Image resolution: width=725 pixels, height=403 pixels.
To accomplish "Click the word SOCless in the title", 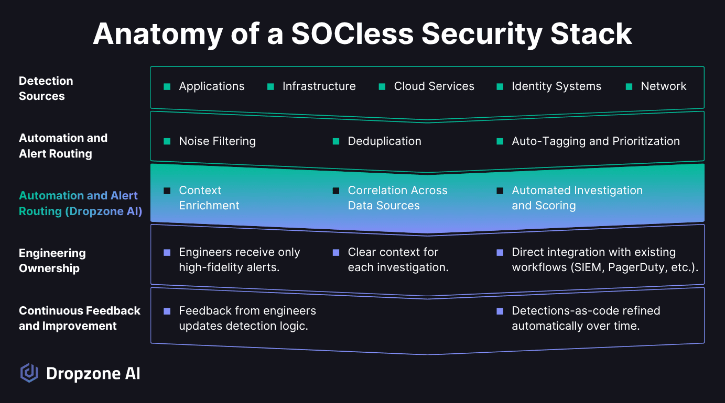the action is (352, 33).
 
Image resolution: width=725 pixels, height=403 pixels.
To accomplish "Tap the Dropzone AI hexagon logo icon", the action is (29, 373).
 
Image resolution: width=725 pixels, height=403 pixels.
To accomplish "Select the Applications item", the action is (212, 86).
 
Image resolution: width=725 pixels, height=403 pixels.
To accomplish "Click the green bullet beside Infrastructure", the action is (270, 86).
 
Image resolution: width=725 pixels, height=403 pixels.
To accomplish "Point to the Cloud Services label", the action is (434, 86).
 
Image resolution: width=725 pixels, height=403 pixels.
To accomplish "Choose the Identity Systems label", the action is (556, 86).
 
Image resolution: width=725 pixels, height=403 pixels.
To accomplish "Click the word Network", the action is (664, 86).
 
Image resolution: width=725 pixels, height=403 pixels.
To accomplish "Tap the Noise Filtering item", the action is (217, 141).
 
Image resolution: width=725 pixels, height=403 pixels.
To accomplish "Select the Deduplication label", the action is (384, 141).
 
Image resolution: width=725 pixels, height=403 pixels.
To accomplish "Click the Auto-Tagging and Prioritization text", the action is (596, 141).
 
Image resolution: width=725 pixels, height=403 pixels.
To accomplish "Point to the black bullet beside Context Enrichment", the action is (167, 191).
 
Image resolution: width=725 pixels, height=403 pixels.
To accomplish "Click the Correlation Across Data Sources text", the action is (397, 198).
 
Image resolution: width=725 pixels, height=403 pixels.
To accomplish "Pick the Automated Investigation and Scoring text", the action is (577, 198).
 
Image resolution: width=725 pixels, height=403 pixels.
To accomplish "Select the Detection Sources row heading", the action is (46, 88).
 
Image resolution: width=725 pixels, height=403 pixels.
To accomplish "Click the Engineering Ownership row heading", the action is (52, 261).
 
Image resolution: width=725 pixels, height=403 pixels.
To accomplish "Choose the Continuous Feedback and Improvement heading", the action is (80, 318).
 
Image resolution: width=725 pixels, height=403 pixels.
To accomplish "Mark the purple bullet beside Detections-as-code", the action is (500, 311).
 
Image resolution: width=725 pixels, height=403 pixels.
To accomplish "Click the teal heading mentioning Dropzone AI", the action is (81, 203).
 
